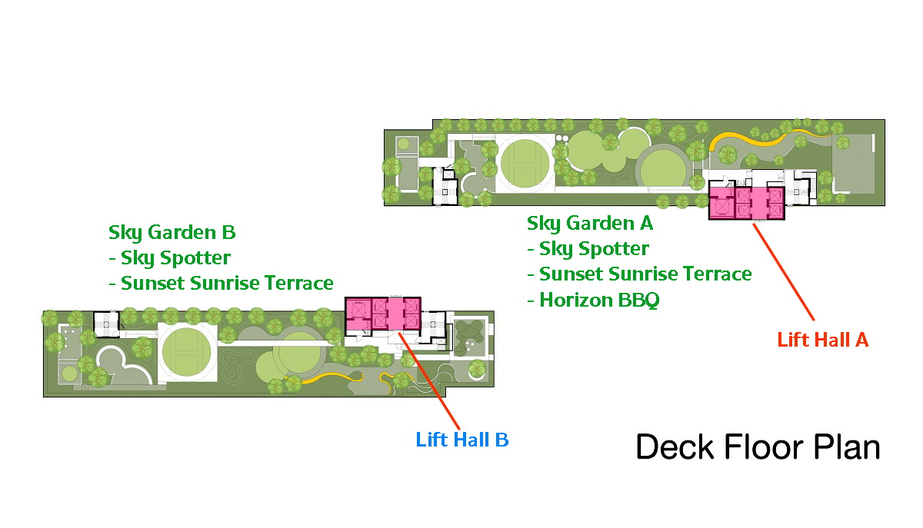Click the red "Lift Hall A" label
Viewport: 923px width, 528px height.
pos(822,340)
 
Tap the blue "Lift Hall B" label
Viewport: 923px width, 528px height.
pos(462,440)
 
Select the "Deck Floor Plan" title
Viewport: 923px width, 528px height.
pos(758,447)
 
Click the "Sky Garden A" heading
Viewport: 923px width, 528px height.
pos(590,224)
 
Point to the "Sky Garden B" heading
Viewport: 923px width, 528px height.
pos(172,232)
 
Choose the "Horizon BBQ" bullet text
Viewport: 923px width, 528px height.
pos(599,300)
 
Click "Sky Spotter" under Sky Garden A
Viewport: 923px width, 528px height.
pos(594,249)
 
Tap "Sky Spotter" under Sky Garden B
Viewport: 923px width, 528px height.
pos(175,257)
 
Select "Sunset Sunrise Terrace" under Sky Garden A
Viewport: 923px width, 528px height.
pos(645,274)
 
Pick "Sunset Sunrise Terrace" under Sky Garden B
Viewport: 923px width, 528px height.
pos(227,283)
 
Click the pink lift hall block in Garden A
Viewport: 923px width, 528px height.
pos(746,204)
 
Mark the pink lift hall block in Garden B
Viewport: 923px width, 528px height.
pos(383,314)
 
